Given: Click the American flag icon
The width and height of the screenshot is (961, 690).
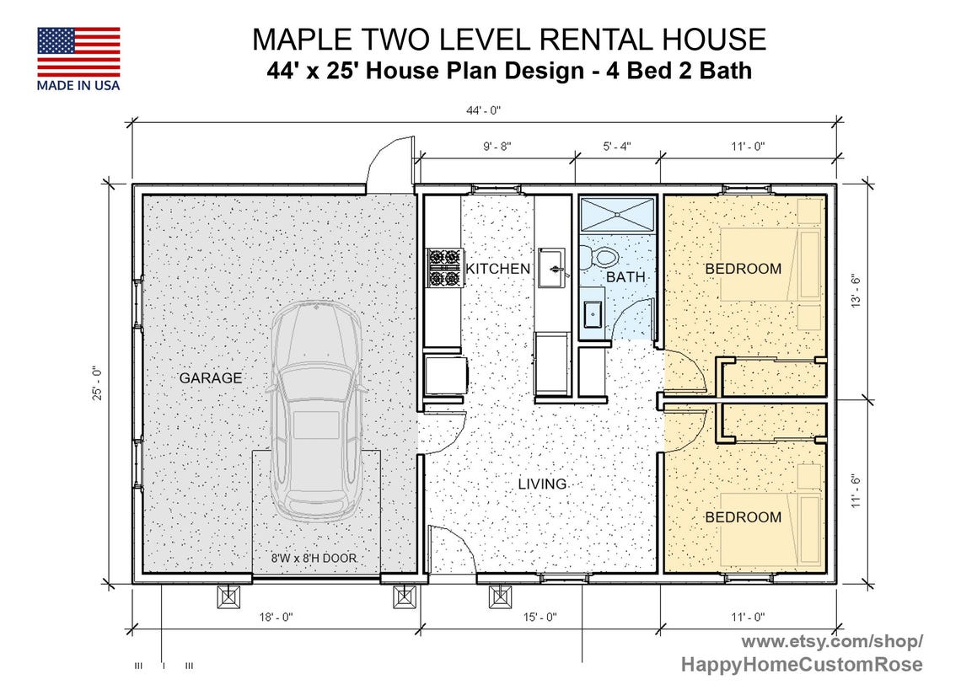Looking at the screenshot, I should (78, 51).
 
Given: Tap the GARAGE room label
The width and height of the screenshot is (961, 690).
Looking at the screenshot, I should (210, 378).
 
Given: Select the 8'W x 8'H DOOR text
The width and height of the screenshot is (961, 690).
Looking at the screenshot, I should (314, 558).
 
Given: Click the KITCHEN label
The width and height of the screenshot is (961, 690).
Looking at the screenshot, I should (498, 269).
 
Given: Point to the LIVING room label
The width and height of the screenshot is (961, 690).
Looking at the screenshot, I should (542, 484).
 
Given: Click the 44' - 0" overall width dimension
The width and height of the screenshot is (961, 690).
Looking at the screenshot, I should (483, 110).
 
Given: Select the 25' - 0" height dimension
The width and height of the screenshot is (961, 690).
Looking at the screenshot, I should (98, 383).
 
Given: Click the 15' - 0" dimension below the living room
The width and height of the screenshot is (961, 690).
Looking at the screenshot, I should (540, 618).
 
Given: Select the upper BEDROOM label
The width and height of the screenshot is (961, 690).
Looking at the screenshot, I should (743, 269).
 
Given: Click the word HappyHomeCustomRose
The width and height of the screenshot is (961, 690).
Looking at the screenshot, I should (801, 665).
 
